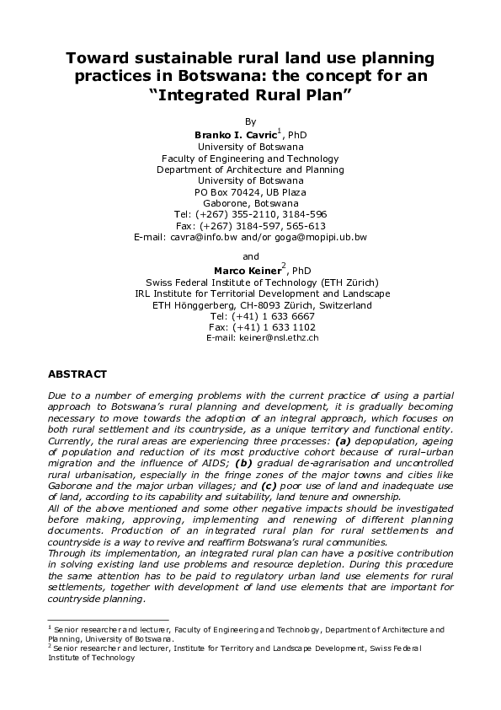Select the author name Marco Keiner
click(246, 270)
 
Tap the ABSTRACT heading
click(77, 373)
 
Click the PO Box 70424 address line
click(250, 192)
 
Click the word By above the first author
click(250, 122)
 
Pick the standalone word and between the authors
click(250, 256)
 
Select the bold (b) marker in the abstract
click(244, 462)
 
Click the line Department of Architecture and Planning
click(250, 169)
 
